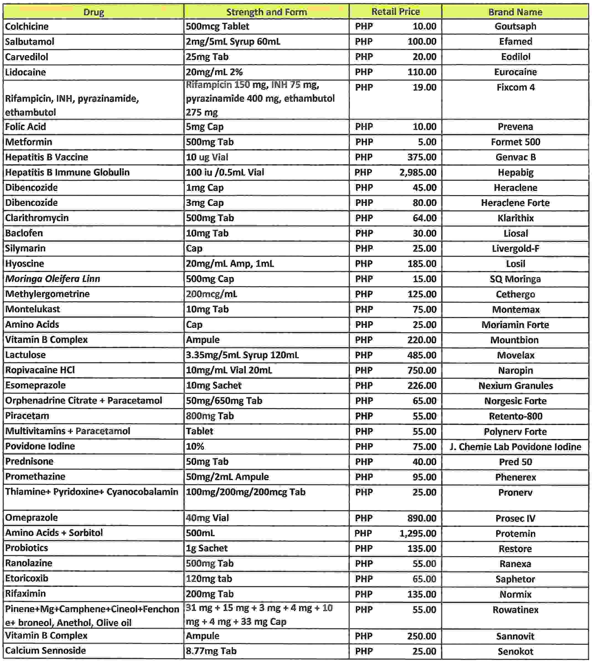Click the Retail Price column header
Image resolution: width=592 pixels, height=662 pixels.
coord(395,12)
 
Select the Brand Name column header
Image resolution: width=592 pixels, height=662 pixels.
coord(515,12)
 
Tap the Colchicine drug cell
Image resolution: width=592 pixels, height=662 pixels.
coord(27,26)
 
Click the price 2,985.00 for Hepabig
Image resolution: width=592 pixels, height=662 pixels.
coord(418,172)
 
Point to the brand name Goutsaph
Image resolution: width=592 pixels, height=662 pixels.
coord(515,26)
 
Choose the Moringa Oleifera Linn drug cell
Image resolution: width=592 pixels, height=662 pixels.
coord(52,278)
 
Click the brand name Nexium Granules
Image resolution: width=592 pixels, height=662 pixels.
coord(515,385)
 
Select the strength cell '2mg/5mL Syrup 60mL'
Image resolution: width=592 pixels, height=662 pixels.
coord(233,42)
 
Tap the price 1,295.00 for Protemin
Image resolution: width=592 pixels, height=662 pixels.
coord(418,533)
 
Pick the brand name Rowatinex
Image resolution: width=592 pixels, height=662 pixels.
coord(515,610)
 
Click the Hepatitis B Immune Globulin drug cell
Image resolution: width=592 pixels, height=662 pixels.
coord(67,172)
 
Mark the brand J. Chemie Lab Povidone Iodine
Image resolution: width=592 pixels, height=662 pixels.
coord(515,447)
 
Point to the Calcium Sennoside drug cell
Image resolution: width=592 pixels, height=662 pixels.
coord(45,650)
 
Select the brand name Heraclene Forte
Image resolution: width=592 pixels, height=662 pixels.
coord(515,203)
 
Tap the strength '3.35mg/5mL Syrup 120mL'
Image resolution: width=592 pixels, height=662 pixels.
coord(242,355)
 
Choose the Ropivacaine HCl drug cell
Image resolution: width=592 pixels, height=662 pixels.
coord(40,370)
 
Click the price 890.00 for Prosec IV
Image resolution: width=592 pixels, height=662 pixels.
coord(422,518)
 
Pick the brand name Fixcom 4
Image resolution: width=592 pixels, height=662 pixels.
coord(515,87)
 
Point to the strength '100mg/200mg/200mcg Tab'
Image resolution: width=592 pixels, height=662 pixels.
coord(245,492)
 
